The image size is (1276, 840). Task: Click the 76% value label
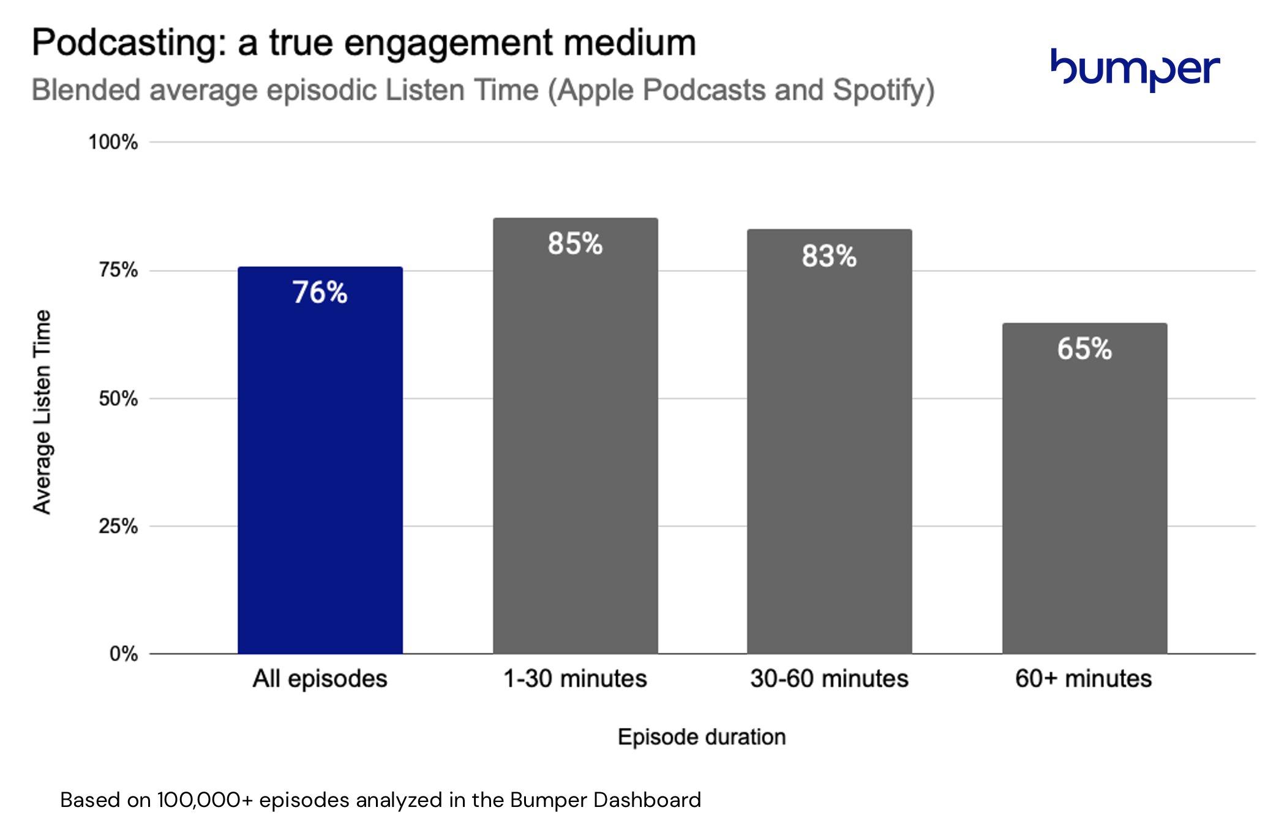(x=320, y=293)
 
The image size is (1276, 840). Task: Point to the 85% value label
(x=575, y=244)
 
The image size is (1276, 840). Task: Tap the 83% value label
(x=829, y=256)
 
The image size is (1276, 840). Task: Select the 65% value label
(x=1084, y=349)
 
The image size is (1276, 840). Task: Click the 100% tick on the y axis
(x=113, y=142)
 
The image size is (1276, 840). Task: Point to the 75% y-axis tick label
(x=118, y=270)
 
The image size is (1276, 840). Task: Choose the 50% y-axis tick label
(x=118, y=399)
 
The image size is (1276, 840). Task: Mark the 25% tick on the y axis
(x=118, y=526)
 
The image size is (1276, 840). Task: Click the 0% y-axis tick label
(x=124, y=654)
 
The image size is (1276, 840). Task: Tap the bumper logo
(x=1135, y=69)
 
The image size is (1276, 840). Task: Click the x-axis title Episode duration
(x=702, y=737)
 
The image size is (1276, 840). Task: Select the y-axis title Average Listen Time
(x=42, y=411)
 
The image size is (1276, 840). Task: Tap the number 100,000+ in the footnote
(x=205, y=800)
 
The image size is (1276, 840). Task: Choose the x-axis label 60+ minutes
(x=1083, y=678)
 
